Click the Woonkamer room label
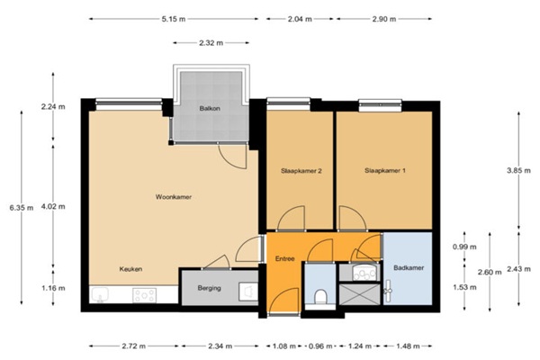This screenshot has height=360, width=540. pyautogui.click(x=173, y=197)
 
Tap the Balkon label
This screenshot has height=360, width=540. pyautogui.click(x=210, y=109)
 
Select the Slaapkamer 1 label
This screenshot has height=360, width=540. pyautogui.click(x=385, y=170)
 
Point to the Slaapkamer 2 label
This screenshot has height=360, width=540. pyautogui.click(x=301, y=171)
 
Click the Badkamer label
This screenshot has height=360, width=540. pyautogui.click(x=409, y=267)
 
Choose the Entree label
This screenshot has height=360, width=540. pyautogui.click(x=284, y=258)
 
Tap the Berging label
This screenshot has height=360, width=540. pyautogui.click(x=210, y=288)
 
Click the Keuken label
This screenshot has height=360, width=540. pyautogui.click(x=130, y=269)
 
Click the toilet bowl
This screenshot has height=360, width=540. pyautogui.click(x=320, y=297)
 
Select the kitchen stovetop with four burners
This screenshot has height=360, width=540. pyautogui.click(x=144, y=295)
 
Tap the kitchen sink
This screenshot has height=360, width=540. pyautogui.click(x=100, y=295)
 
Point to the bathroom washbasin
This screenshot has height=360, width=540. pyautogui.click(x=364, y=273)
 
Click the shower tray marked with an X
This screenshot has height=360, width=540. pyautogui.click(x=359, y=294)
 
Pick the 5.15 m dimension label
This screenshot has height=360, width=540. pyautogui.click(x=174, y=19)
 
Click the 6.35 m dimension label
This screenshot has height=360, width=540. pyautogui.click(x=22, y=208)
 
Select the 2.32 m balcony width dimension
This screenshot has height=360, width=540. pyautogui.click(x=211, y=43)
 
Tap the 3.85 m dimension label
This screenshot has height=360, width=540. pyautogui.click(x=518, y=170)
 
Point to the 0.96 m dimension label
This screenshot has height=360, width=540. pyautogui.click(x=320, y=346)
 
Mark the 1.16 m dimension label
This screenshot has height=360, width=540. pyautogui.click(x=53, y=288)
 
